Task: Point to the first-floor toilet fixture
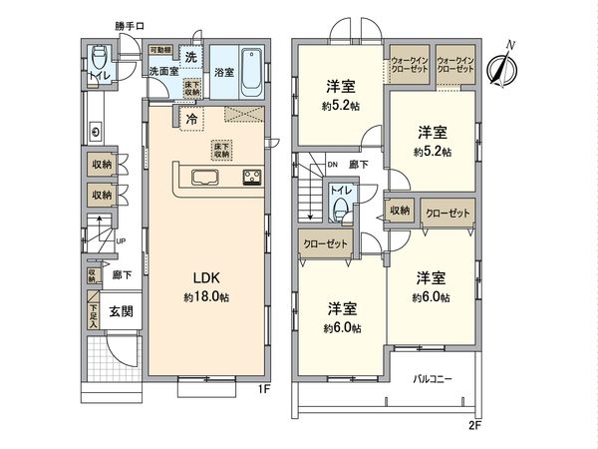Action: pyautogui.click(x=100, y=57)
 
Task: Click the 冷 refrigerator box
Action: pyautogui.click(x=190, y=118)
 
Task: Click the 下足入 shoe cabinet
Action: pyautogui.click(x=93, y=311)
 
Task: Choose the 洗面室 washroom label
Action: pyautogui.click(x=162, y=72)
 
